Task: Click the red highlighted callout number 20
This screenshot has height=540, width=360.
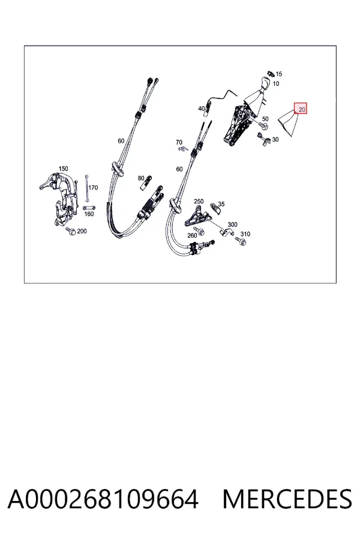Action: pos(302,110)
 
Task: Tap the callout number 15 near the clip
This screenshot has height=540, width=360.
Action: pos(278,74)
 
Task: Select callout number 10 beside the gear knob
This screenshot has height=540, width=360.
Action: pos(276,83)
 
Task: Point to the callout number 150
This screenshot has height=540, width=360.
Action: pos(64,169)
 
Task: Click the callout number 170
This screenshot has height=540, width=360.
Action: pos(93,188)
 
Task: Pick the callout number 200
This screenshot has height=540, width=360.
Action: pos(82,231)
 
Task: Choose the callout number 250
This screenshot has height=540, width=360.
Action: pos(199,202)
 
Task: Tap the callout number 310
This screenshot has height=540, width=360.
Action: pos(245,234)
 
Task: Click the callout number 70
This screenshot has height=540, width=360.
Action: pos(179,142)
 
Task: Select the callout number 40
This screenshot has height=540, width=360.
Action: pos(202,109)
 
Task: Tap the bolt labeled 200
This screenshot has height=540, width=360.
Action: pos(70,231)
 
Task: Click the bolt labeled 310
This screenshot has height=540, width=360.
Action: pos(240,241)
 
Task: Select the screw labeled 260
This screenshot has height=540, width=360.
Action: pos(199,230)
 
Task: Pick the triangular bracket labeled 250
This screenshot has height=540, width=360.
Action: pos(197,216)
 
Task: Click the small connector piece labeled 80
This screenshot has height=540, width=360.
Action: pos(146,182)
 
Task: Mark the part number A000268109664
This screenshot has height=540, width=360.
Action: pos(103,499)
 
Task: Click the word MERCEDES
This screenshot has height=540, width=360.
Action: pos(287,499)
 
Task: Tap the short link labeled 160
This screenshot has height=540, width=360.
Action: pos(89,208)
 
